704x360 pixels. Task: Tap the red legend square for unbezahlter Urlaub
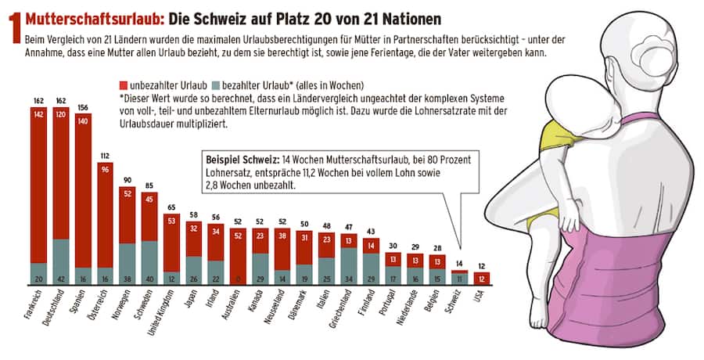coord(124,84)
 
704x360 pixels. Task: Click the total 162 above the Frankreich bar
coord(39,101)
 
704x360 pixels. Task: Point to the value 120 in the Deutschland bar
coord(60,113)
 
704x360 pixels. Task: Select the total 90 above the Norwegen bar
coord(128,179)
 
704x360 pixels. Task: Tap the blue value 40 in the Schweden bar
coord(150,278)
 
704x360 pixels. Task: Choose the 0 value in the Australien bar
coord(236,278)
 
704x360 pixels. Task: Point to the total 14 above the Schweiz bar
coord(458,264)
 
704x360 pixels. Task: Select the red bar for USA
coord(483,278)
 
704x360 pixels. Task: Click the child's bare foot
coord(539,316)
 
